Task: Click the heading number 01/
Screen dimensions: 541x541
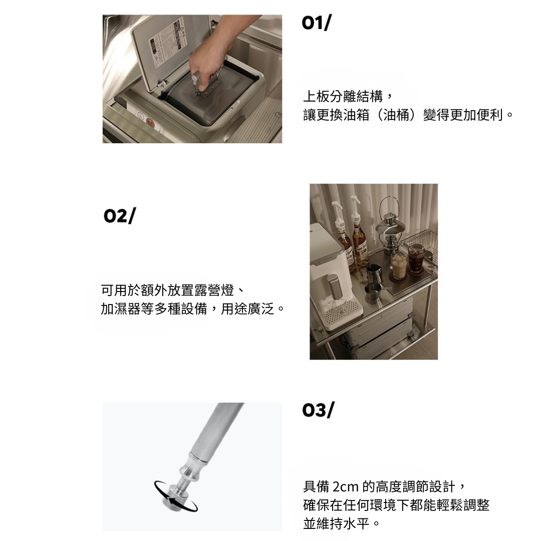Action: point(317,23)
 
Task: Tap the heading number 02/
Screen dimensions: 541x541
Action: point(120,216)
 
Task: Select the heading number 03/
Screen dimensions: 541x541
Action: point(318,410)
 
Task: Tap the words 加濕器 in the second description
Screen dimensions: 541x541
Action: point(121,309)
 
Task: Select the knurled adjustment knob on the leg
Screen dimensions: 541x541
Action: point(171,497)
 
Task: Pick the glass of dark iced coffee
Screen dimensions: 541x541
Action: point(416,259)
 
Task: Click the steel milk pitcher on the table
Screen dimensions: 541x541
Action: point(374,274)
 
